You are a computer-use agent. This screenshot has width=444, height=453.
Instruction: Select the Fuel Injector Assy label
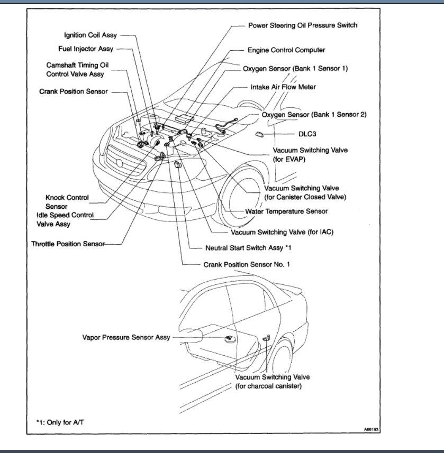click(x=86, y=49)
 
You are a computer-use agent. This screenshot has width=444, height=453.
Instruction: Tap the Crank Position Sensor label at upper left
click(x=74, y=91)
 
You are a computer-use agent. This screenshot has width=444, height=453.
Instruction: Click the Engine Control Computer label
click(x=286, y=50)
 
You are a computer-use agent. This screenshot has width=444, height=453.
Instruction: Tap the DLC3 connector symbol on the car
click(x=260, y=134)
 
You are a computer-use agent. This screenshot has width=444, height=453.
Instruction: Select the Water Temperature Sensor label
click(x=286, y=211)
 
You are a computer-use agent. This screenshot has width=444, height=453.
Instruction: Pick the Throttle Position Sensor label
click(x=68, y=244)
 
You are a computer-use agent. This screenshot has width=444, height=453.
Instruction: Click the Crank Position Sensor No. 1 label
click(x=247, y=264)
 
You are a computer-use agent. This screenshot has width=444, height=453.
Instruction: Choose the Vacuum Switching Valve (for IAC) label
click(x=283, y=232)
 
